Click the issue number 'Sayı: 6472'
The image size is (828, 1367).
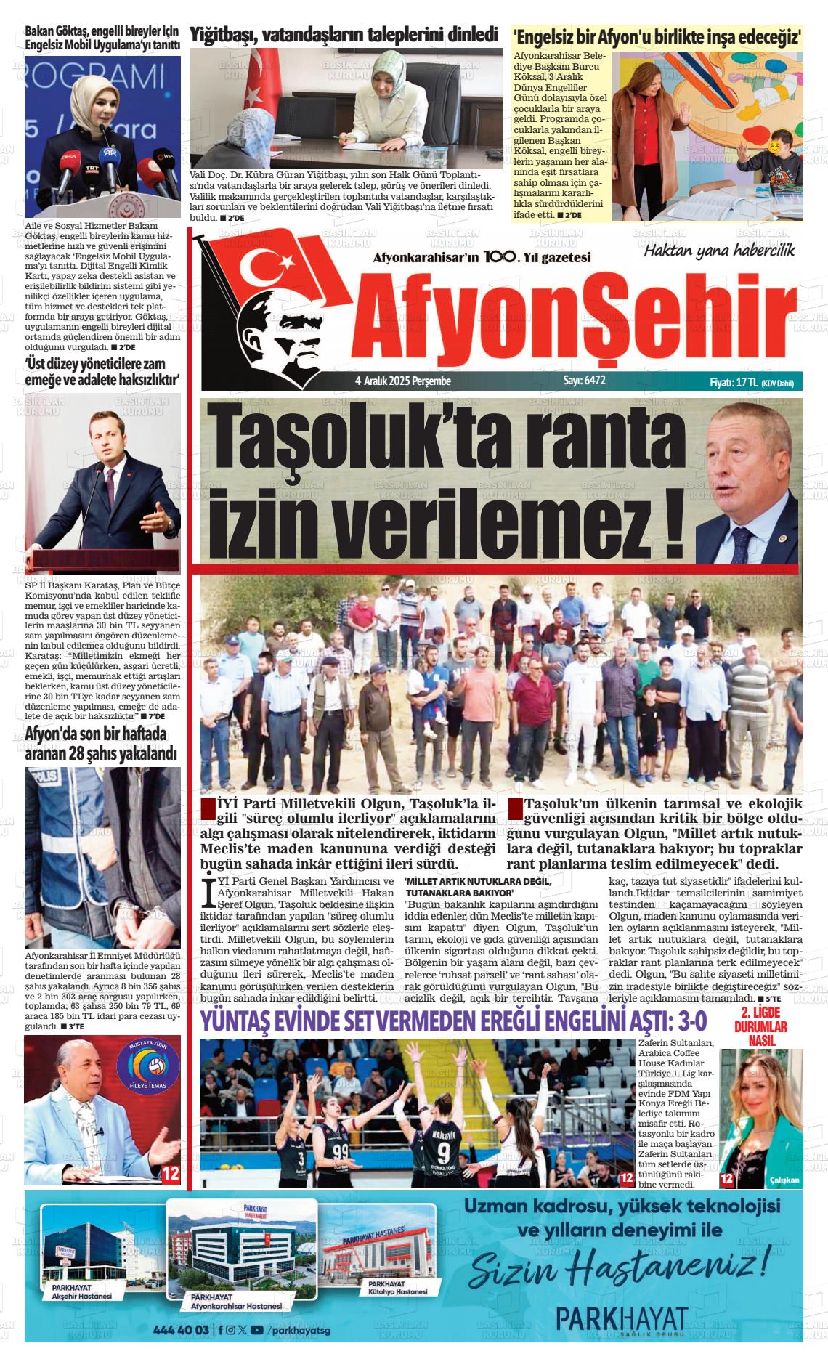point(584,381)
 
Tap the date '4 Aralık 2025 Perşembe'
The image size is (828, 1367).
point(403,381)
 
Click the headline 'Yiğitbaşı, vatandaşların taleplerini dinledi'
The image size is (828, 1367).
point(344,34)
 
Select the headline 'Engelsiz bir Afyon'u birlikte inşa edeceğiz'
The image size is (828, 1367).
point(658,36)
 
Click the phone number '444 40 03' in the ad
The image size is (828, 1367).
point(181,1330)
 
